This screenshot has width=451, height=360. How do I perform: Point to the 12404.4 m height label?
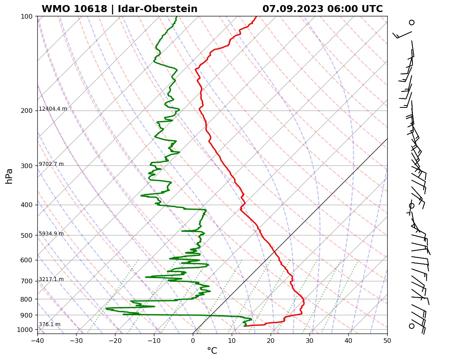(53, 109)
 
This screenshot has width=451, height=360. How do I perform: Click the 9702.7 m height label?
(51, 164)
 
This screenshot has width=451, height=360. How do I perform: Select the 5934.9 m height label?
(51, 234)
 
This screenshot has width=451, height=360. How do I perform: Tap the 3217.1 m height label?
(51, 279)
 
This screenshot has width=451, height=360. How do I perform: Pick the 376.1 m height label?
(50, 325)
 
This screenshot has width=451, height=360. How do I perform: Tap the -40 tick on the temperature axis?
(37, 341)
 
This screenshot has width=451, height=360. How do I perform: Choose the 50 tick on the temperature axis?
(387, 341)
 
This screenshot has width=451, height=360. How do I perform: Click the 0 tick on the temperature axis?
(193, 341)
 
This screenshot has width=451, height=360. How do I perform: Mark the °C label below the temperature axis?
(212, 351)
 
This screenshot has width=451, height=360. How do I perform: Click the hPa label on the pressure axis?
(9, 176)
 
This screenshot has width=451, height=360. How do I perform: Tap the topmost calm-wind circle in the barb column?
(412, 23)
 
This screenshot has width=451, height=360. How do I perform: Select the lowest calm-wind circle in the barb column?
(412, 326)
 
